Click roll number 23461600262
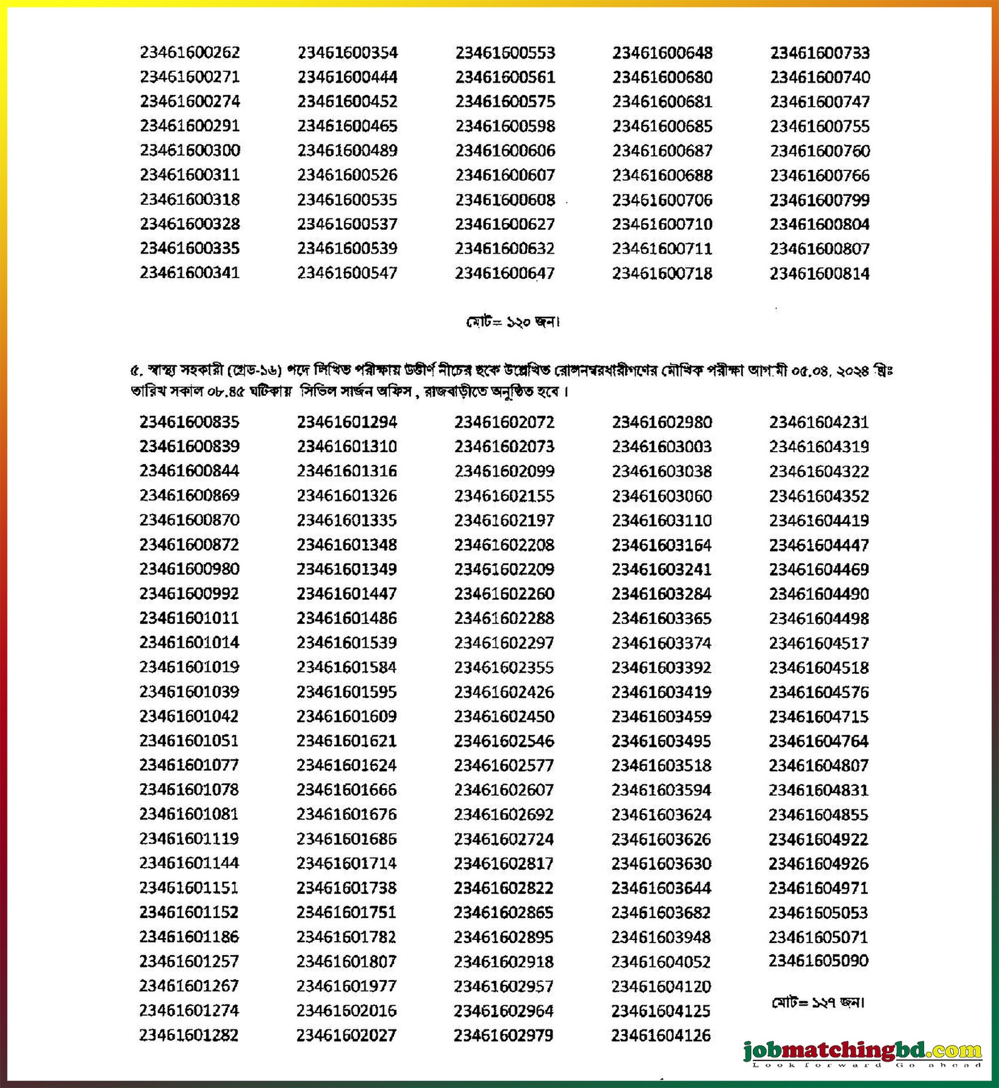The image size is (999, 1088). click(x=190, y=52)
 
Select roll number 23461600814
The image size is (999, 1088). click(x=819, y=274)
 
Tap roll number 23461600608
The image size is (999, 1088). click(x=504, y=200)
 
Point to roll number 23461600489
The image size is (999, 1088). click(x=347, y=151)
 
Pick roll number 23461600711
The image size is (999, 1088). click(x=662, y=249)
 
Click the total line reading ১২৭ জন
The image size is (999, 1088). click(x=819, y=1002)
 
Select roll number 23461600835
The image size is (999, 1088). click(x=189, y=422)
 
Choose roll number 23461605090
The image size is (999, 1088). click(x=819, y=961)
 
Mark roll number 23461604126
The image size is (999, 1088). click(x=661, y=1036)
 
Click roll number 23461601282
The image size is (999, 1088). click(x=189, y=1035)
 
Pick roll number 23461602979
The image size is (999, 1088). click(x=503, y=1036)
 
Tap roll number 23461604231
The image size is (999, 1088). click(x=819, y=422)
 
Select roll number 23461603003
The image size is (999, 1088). click(x=662, y=447)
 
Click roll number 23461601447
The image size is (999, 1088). click(x=347, y=593)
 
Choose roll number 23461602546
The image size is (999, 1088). click(x=504, y=741)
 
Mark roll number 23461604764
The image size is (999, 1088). click(x=819, y=741)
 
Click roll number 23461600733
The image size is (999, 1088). click(x=820, y=52)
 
